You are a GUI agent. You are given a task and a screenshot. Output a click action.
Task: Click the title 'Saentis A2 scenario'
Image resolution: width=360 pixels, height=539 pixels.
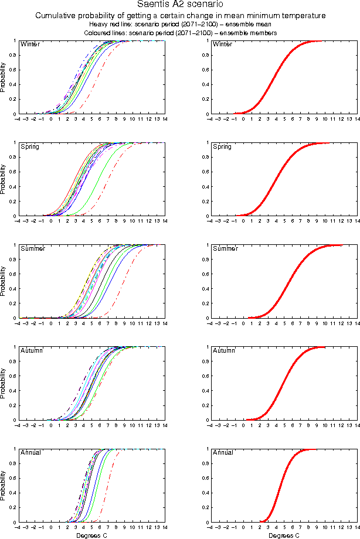pos(180,5)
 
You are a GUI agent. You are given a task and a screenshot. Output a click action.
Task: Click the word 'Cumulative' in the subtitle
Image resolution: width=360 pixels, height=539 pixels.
pos(57,16)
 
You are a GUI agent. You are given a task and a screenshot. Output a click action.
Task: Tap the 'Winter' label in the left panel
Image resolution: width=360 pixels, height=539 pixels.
pos(30,45)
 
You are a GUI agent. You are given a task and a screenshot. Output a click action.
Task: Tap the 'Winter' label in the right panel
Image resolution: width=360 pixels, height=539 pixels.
pos(222,45)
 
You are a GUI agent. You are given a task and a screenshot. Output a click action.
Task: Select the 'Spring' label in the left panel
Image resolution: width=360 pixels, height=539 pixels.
pos(30,146)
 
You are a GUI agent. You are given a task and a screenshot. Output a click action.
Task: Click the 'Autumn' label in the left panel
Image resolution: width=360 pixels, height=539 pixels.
pos(31,350)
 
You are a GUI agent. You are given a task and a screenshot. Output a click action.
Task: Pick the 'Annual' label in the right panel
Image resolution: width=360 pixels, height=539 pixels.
pos(223,452)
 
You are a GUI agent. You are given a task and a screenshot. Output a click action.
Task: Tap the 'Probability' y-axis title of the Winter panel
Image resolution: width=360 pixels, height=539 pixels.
pos(4,77)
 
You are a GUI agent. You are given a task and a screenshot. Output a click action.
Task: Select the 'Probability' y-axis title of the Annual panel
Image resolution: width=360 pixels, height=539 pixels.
pos(4,486)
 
